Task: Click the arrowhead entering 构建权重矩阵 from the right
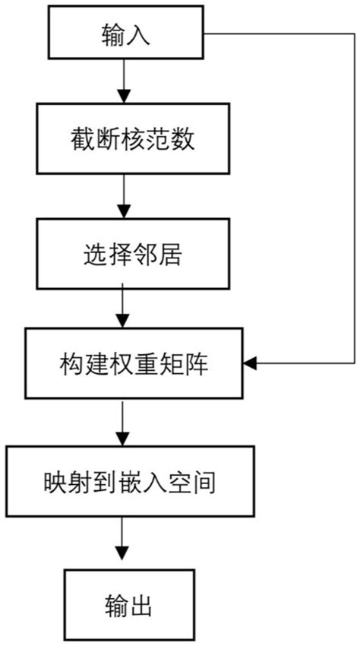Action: (x=251, y=365)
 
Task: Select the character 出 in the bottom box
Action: (x=144, y=605)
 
